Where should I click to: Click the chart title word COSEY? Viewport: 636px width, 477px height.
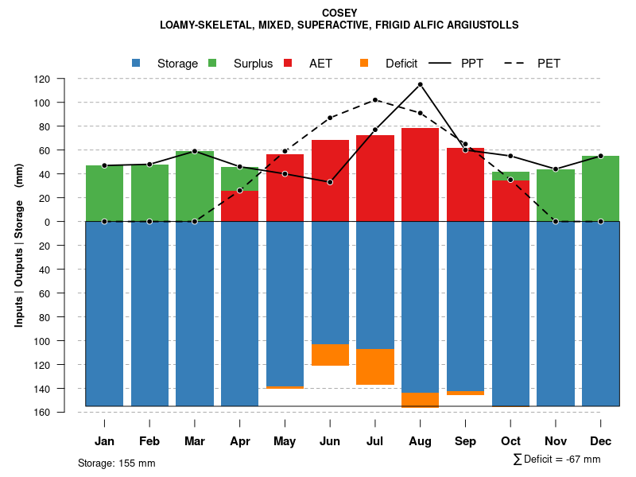coord(339,13)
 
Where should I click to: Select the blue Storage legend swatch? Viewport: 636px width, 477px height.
coord(136,63)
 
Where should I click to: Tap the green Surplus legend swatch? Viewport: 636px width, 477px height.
coord(212,63)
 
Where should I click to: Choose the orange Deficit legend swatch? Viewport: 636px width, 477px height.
coord(364,63)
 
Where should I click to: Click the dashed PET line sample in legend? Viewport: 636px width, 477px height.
coord(515,63)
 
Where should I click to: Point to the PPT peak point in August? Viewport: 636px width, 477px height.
coord(420,84)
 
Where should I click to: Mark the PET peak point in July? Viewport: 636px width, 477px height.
coord(375,100)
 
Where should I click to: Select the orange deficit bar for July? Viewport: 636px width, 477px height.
coord(375,366)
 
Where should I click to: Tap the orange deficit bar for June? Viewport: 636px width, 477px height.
coord(330,355)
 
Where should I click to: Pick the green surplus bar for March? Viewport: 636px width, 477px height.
coord(195,186)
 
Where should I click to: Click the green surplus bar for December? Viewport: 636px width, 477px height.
coord(600,188)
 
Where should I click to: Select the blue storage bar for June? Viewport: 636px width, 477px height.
coord(330,282)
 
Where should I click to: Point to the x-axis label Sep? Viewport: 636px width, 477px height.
coord(465,441)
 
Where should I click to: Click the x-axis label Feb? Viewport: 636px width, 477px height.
coord(149,441)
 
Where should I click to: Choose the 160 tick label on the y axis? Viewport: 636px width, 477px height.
coord(64,413)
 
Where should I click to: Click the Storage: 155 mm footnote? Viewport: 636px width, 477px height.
coord(116,463)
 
